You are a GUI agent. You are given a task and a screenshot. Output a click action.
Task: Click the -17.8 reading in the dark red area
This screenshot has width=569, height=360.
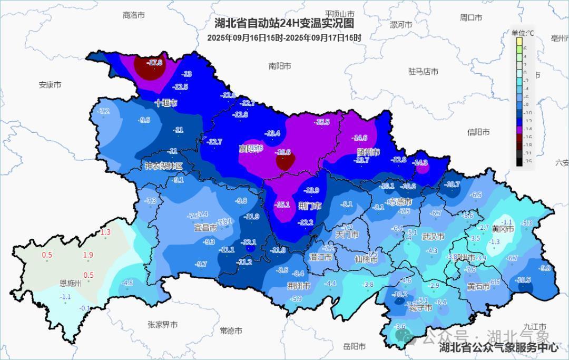click(154, 63)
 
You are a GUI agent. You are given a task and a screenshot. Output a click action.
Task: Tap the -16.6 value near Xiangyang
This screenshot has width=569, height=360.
click(283, 152)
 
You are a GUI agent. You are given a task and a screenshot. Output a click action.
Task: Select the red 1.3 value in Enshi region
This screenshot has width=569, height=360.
click(105, 232)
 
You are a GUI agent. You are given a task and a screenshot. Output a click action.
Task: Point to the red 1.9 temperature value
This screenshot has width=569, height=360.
click(88, 255)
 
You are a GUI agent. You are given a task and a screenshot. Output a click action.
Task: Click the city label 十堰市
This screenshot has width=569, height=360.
click(166, 103)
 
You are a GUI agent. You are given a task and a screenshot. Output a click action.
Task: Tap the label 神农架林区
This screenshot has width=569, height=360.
click(164, 166)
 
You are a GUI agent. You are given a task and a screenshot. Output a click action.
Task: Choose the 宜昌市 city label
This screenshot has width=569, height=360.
click(205, 228)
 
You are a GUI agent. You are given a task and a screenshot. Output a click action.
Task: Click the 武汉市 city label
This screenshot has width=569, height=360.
click(433, 237)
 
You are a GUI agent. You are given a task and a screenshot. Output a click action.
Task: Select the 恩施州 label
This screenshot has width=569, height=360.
click(71, 284)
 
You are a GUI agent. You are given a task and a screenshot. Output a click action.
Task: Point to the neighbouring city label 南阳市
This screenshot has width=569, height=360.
click(279, 66)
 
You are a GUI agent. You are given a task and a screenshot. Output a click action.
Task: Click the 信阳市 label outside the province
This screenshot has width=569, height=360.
click(478, 132)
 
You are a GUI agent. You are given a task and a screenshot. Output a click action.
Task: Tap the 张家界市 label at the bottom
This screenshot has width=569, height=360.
click(162, 325)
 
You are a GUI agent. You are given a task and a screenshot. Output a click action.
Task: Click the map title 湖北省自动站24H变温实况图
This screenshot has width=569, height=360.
click(284, 23)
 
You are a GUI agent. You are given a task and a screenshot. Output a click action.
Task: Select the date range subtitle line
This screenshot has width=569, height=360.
click(284, 37)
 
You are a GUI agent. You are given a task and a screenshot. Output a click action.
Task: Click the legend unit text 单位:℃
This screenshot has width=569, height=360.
click(522, 33)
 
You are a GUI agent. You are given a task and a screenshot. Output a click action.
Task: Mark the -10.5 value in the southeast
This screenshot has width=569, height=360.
click(523, 280)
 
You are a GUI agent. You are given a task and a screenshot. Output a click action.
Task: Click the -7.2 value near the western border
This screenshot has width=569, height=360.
click(104, 111)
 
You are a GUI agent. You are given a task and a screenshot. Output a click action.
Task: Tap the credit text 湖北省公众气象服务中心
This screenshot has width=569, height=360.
click(498, 347)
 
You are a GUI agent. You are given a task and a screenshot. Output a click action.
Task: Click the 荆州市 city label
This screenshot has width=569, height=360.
click(299, 286)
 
